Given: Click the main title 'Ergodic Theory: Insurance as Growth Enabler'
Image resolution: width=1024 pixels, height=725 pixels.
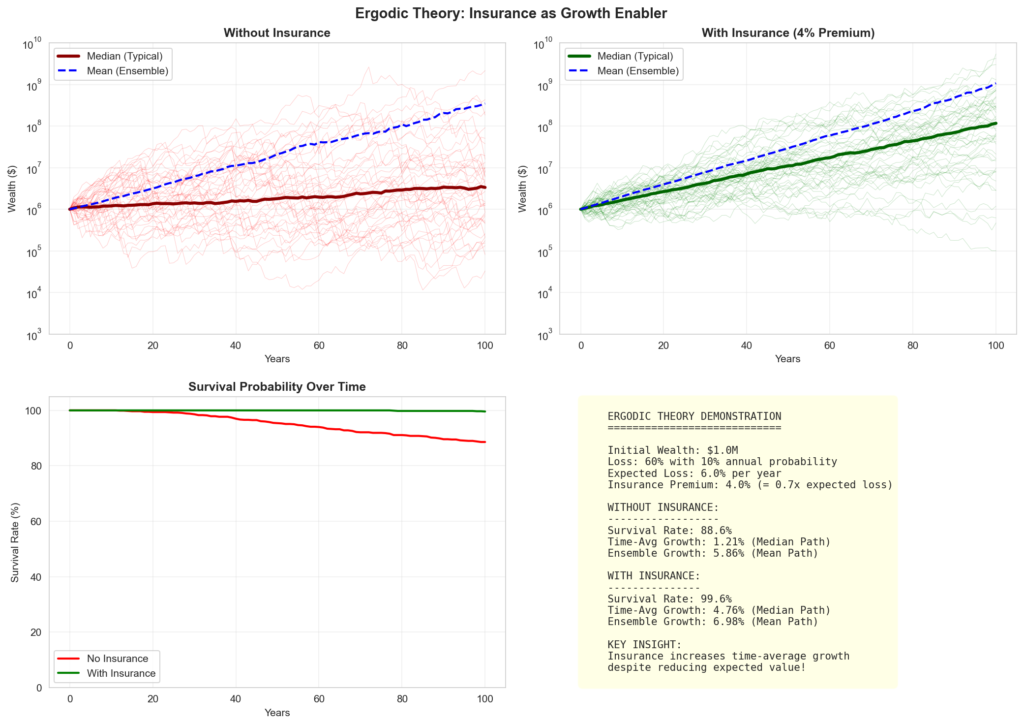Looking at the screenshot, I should coord(511,13).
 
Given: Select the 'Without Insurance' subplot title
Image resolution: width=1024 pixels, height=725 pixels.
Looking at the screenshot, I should coord(277,33).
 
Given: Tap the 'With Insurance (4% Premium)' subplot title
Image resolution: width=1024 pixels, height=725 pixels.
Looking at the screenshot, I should coord(788,33).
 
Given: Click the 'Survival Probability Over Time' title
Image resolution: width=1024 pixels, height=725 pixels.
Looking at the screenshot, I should coord(277,387).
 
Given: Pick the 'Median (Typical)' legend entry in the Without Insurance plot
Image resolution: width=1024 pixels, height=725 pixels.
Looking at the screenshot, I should coord(124,56).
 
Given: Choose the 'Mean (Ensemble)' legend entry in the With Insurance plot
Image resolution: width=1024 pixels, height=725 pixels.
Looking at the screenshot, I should coord(638,71).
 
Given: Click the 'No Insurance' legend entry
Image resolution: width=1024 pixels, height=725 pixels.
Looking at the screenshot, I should coord(117,659).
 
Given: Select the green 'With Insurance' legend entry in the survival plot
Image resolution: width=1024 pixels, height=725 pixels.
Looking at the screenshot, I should coord(121,673).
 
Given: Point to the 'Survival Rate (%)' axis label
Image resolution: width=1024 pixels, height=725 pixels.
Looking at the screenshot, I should coord(15,542).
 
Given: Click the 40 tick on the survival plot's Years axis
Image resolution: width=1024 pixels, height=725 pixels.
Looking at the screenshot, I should coord(236,699).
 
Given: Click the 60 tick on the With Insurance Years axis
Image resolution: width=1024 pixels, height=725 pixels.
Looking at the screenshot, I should coord(829,346).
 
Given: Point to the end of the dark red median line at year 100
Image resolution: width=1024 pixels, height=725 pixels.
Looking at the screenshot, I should coord(485,187).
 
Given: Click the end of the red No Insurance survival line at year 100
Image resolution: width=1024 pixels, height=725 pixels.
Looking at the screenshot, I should coord(485,442).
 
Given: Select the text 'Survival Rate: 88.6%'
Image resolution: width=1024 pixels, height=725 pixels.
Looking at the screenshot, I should coord(669,531).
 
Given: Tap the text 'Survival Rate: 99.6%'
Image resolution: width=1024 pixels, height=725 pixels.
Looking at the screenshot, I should coord(669,599).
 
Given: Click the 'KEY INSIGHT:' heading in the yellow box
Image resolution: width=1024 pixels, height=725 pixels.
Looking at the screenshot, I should coord(644,645).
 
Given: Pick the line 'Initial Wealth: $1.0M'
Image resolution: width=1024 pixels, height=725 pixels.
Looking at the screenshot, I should coord(672,450).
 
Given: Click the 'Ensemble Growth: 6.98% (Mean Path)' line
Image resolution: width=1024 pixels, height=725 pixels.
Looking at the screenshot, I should coord(713,622).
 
